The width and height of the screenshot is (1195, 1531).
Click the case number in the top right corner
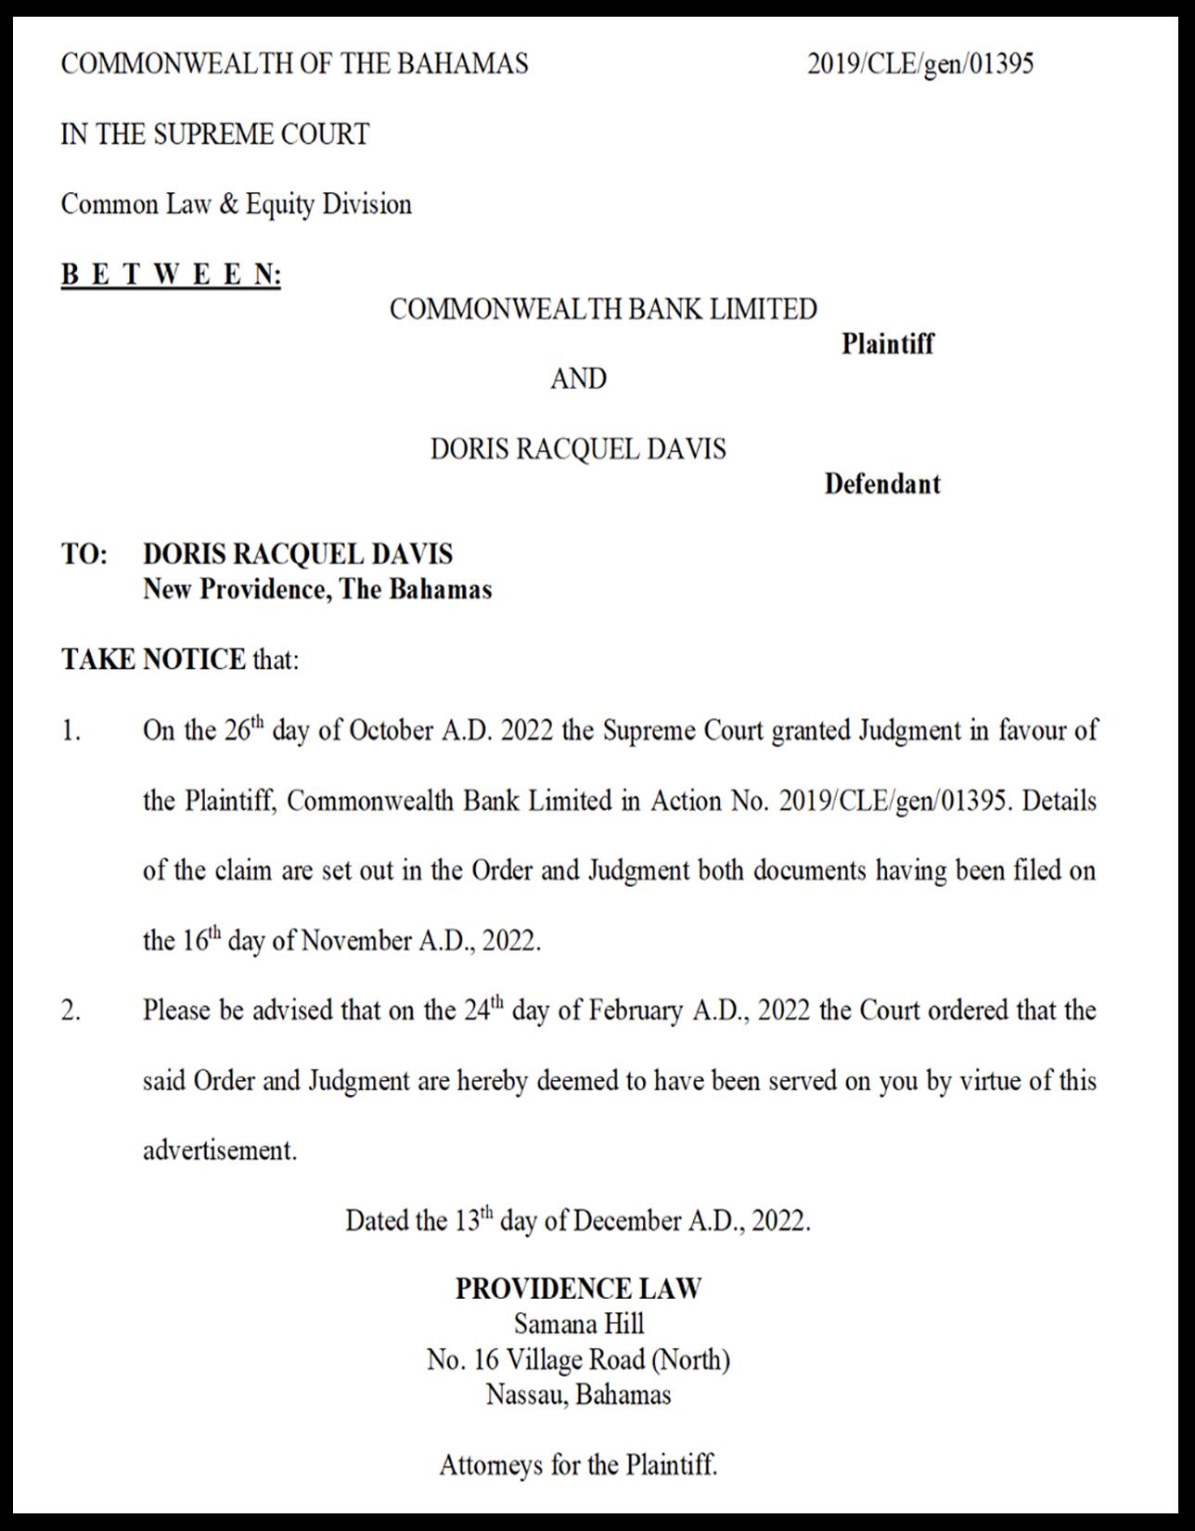(919, 64)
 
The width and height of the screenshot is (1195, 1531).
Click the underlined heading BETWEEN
(171, 275)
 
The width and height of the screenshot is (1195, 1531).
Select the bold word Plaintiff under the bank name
(887, 344)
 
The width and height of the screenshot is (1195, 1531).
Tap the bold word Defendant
(881, 484)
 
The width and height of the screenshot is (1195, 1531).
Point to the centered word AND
(578, 379)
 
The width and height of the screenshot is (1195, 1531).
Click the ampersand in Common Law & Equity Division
(228, 204)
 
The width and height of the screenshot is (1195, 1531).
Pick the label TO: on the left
(84, 555)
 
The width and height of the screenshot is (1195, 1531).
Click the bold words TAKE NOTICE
(153, 660)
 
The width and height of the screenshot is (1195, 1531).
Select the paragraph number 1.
(71, 731)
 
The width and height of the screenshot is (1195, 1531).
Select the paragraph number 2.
(71, 1010)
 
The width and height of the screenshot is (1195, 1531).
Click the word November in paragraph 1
(356, 941)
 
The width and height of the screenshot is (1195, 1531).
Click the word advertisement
(219, 1151)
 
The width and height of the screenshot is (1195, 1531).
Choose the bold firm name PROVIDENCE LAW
(578, 1289)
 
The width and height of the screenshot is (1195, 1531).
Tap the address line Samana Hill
(578, 1324)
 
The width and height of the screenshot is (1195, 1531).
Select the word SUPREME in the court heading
(210, 135)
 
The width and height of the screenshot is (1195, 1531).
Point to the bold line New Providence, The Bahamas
(317, 590)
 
